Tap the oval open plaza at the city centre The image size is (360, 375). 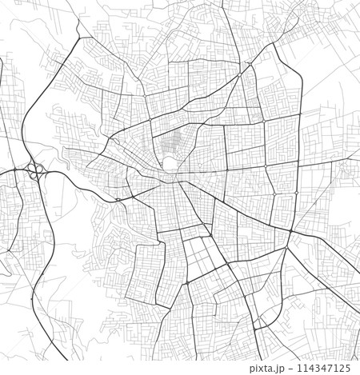click(169, 165)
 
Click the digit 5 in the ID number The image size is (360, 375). click(347, 369)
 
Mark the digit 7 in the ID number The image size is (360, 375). click(328, 369)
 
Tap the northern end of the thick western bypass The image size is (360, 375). click(78, 38)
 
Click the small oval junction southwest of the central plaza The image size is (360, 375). click(118, 199)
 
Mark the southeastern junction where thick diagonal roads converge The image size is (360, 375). click(290, 232)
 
